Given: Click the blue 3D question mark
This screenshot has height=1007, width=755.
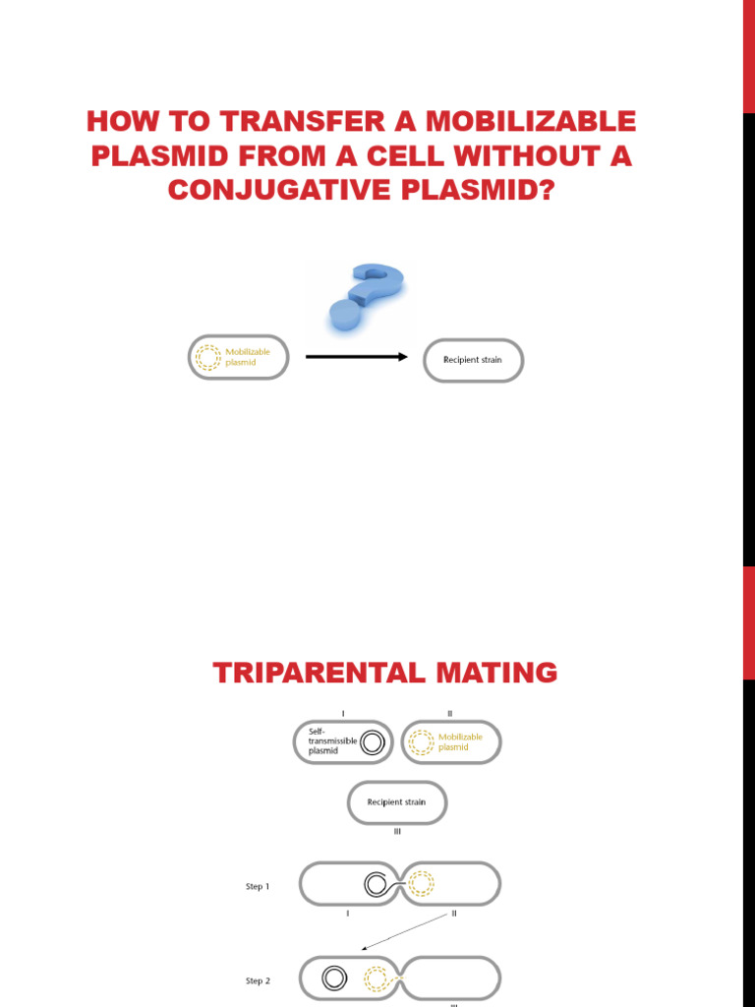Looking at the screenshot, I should click(366, 299).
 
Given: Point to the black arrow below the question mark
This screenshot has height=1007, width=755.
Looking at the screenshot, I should click(356, 357).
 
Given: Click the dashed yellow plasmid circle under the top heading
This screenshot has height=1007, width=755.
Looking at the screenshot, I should click(208, 357).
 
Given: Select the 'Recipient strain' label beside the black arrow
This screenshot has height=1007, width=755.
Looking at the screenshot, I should click(475, 360).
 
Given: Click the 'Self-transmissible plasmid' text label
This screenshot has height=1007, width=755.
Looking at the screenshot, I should click(331, 740).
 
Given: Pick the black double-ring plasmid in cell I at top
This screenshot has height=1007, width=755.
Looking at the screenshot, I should click(372, 743).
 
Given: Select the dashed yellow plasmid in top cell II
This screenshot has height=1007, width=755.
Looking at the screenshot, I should click(421, 742).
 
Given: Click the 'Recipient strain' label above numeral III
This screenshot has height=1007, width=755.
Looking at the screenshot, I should click(396, 802).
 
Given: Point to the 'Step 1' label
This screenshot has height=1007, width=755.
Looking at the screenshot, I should click(258, 886).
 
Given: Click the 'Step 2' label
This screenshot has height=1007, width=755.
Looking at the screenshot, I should click(258, 980).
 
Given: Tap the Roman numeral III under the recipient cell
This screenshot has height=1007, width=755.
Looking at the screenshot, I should click(397, 832).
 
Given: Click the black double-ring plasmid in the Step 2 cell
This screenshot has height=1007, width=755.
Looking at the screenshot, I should click(335, 977).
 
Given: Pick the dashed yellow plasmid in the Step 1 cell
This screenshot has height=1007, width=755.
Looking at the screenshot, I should click(421, 883).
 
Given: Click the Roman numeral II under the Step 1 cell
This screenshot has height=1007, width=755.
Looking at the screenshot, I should click(453, 914).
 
